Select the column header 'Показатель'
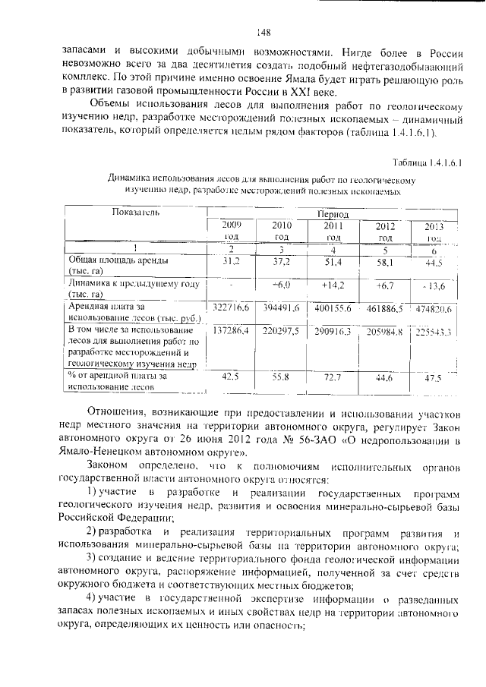pos(136,213)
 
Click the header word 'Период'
pos(333,216)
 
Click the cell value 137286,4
pos(231,332)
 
